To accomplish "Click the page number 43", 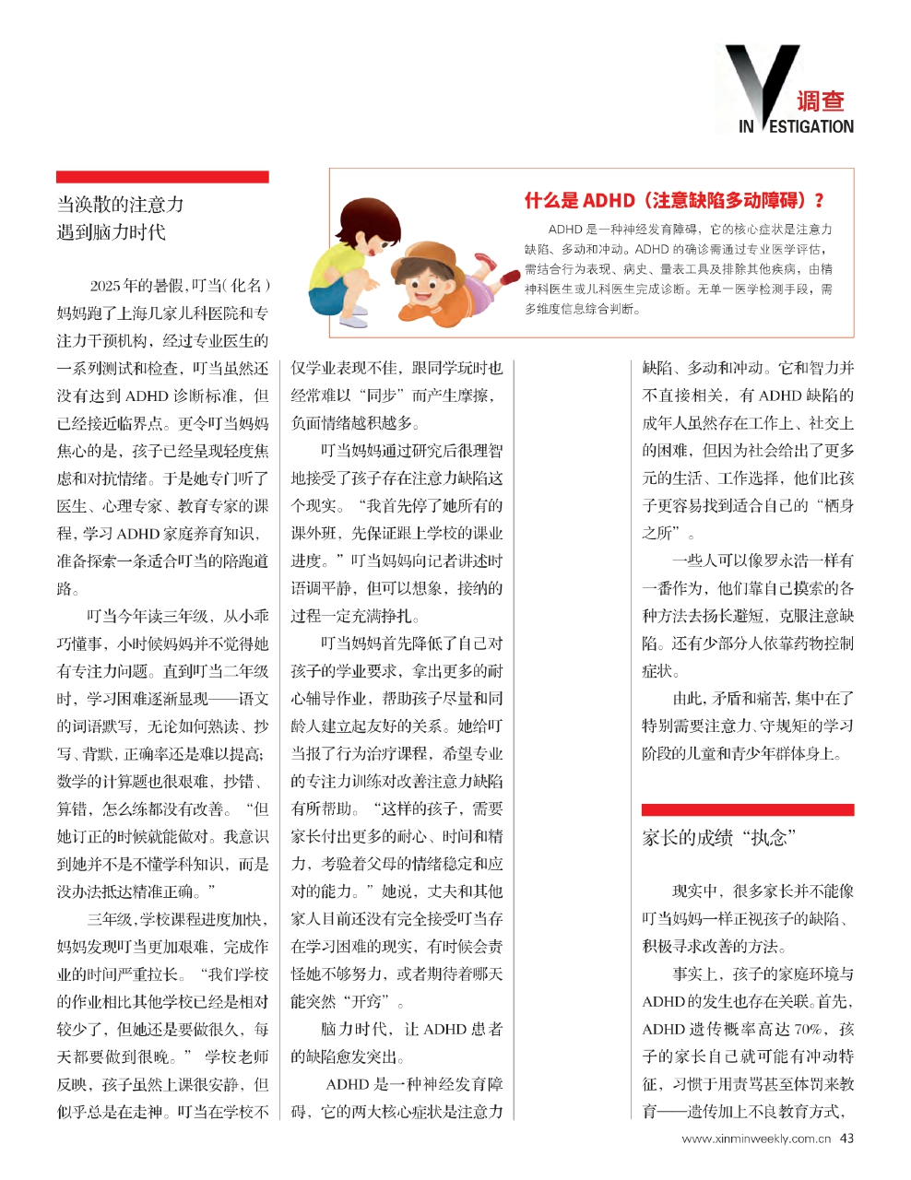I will coord(846,1138).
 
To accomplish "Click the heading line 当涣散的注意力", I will coord(120,205).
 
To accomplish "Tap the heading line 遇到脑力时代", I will coord(112,231).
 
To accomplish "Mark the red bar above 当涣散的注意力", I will coord(162,176).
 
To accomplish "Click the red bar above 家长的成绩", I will coord(748,809).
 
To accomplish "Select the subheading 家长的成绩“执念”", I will coord(718,837).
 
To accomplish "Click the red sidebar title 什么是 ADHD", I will coord(674,200).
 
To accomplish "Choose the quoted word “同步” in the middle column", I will coord(385,395).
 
